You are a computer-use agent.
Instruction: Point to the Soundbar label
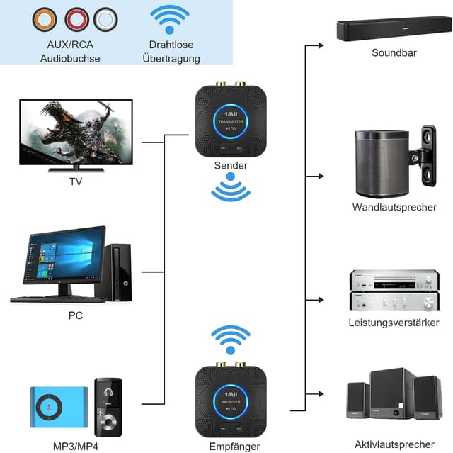pos(394,52)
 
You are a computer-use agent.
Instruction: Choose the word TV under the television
pos(76,181)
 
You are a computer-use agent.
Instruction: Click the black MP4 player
pos(108,407)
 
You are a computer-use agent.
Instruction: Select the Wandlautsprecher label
pos(394,207)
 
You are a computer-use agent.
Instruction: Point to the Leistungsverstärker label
pos(394,322)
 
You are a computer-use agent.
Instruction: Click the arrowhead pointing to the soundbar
pos(321,45)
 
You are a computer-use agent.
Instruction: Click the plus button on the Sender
pos(238,148)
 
